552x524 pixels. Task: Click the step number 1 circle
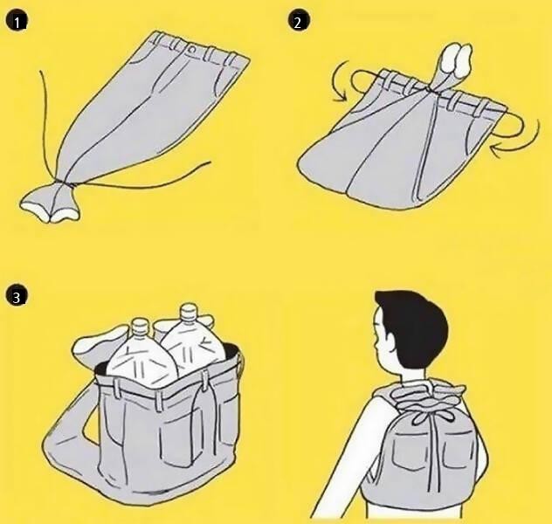pos(17,23)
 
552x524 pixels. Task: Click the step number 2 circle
pos(299,22)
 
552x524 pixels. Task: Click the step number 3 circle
pos(17,297)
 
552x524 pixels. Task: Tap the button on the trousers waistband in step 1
pos(192,49)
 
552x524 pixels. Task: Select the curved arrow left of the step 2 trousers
pos(340,81)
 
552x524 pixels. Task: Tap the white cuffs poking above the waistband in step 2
pos(457,60)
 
